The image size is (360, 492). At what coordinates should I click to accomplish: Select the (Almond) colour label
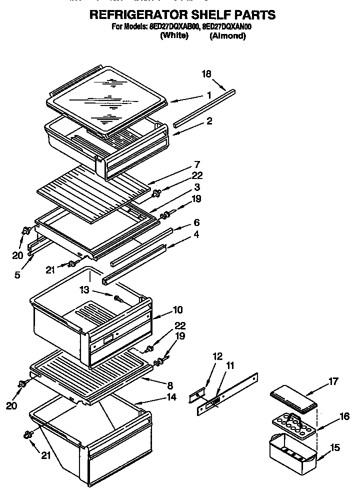[x=227, y=36]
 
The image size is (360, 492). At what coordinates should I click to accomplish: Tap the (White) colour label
[x=174, y=36]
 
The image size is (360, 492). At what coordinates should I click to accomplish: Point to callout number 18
[x=206, y=74]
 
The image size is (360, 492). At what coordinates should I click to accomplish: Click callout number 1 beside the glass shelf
[x=209, y=95]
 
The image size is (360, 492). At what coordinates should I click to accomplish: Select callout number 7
[x=197, y=164]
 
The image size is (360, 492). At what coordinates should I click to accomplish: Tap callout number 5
[x=17, y=274]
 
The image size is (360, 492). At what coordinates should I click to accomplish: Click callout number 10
[x=178, y=309]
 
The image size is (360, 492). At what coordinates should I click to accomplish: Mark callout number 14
[x=171, y=398]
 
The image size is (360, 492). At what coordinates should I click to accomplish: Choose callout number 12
[x=216, y=356]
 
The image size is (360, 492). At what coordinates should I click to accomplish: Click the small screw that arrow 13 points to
[x=119, y=298]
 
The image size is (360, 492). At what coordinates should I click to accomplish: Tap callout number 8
[x=170, y=385]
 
